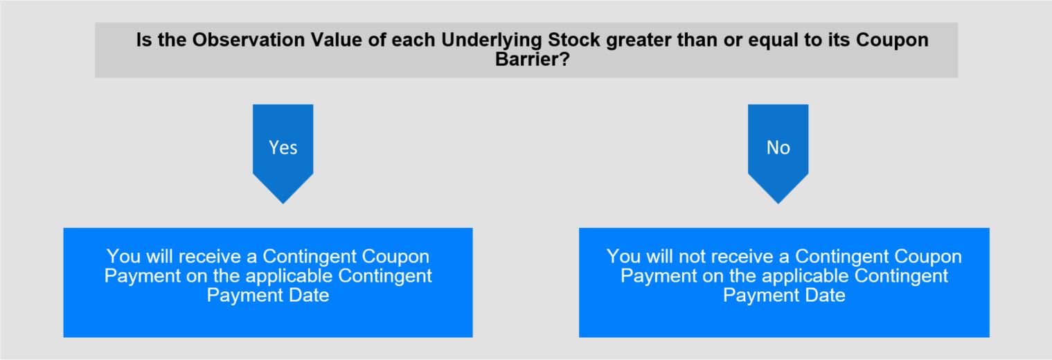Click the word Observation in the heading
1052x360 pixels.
coord(249,40)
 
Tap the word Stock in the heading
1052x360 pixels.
coord(574,40)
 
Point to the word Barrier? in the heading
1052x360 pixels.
coord(532,59)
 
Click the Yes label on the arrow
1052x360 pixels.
coord(283,147)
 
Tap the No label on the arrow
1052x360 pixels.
coord(778,147)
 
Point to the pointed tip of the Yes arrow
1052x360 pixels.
coord(283,204)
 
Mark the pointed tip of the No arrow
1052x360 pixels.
coord(778,204)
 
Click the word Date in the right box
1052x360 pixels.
coord(825,295)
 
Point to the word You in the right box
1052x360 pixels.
coord(623,256)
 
